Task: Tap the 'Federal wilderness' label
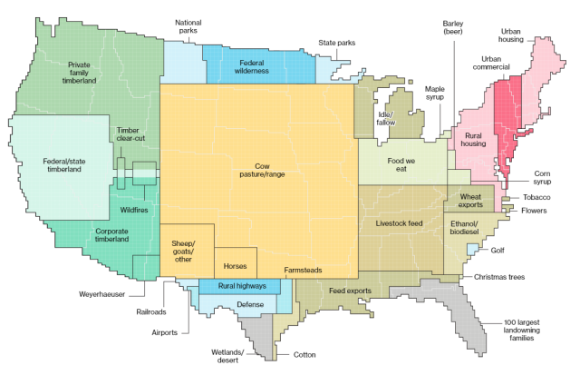(x=257, y=66)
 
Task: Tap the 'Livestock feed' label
(x=401, y=222)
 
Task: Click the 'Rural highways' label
(x=242, y=287)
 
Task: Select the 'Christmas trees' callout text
(x=494, y=276)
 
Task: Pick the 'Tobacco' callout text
(x=536, y=198)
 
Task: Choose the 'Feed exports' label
(x=349, y=290)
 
